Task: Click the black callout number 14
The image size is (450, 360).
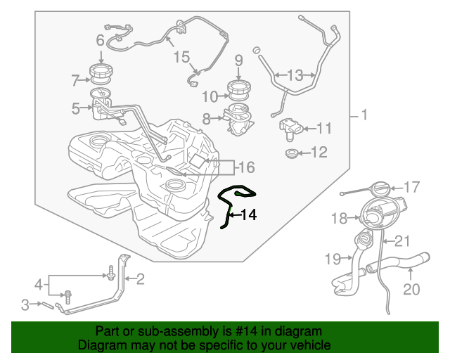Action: click(x=248, y=214)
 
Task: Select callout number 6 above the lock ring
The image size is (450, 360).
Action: click(x=100, y=40)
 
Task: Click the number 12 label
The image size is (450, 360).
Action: click(x=319, y=152)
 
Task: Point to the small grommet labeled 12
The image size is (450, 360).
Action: click(x=292, y=153)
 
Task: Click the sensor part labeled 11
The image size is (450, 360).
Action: click(x=290, y=129)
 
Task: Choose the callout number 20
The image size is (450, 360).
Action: click(x=411, y=289)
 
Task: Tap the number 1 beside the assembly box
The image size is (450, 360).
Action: click(x=364, y=115)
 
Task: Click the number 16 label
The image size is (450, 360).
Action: click(x=247, y=167)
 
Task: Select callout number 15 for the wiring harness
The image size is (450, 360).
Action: click(x=181, y=57)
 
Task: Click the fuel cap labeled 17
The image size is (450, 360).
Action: click(x=381, y=188)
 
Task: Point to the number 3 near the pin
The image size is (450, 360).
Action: click(x=25, y=305)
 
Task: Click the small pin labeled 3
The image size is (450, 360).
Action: click(x=48, y=305)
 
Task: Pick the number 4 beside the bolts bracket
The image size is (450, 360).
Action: click(x=39, y=285)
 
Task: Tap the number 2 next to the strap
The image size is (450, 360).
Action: click(x=141, y=279)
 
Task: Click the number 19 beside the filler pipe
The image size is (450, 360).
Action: click(x=333, y=259)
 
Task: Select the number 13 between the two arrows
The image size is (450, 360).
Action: click(x=295, y=75)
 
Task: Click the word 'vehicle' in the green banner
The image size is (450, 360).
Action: click(x=311, y=345)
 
